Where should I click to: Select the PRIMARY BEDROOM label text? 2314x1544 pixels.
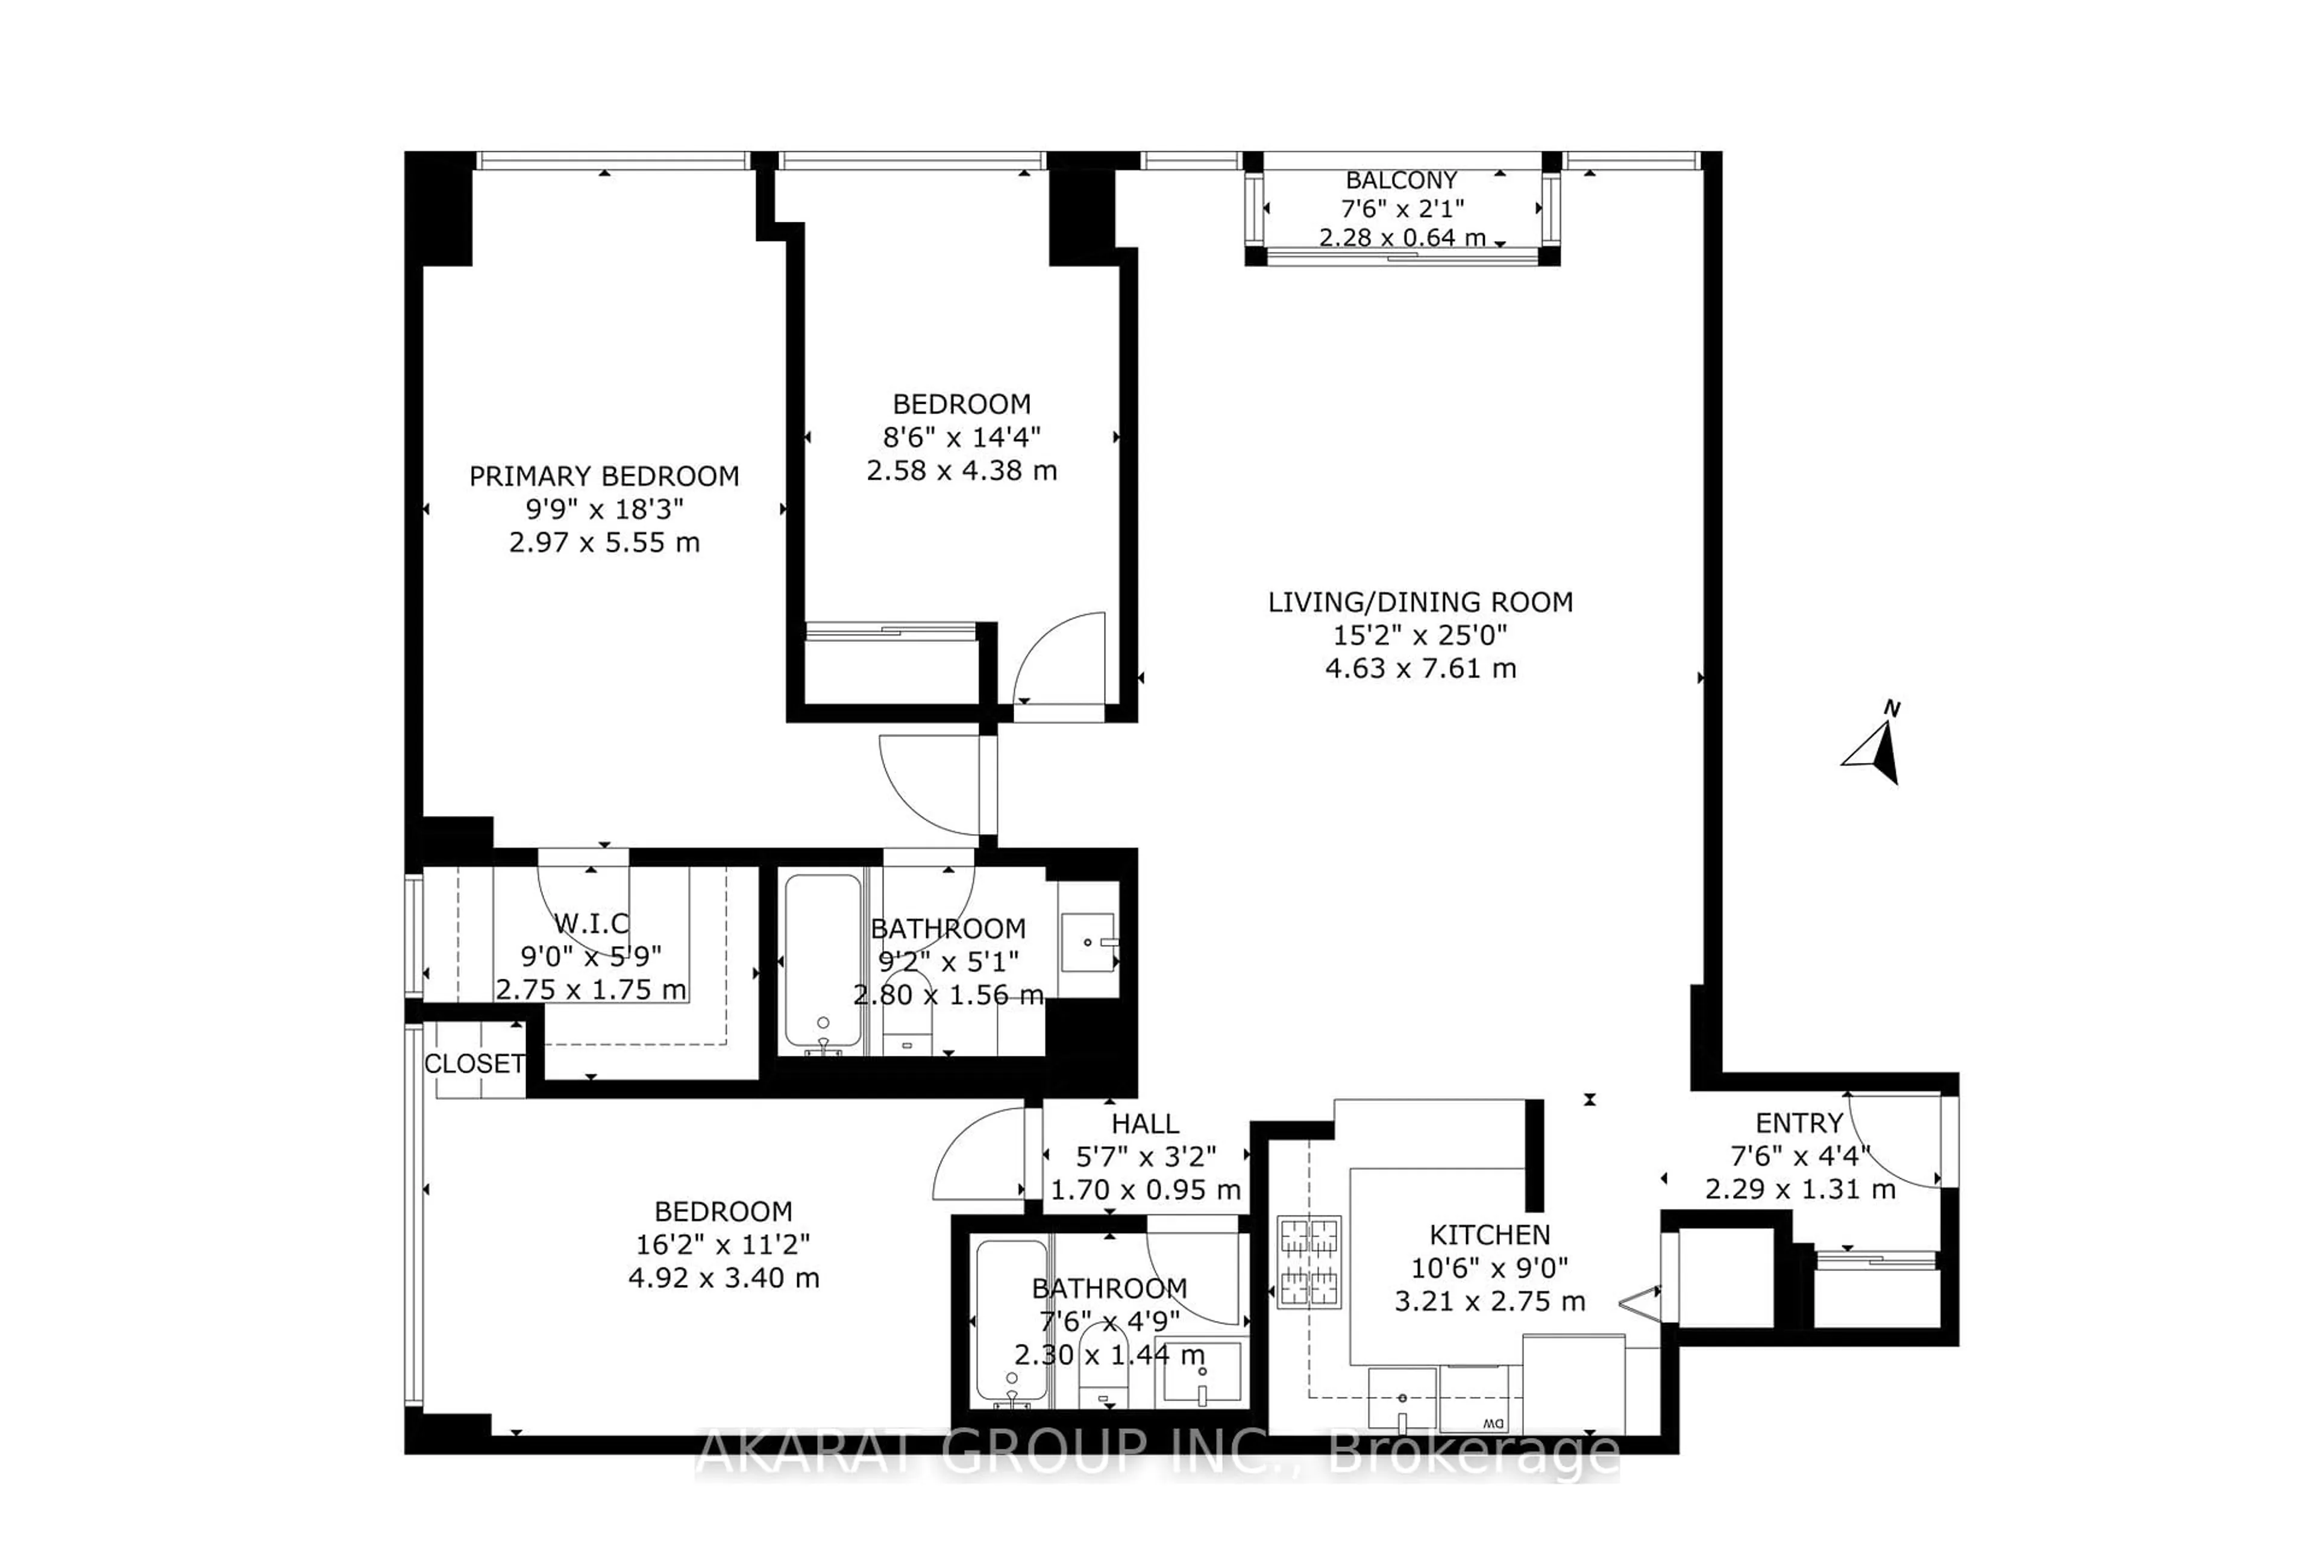(x=604, y=477)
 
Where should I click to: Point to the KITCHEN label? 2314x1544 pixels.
(x=1489, y=1235)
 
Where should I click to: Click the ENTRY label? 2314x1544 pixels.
(x=1798, y=1123)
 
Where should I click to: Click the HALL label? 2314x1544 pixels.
(x=1144, y=1123)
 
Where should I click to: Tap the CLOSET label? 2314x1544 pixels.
(x=474, y=1064)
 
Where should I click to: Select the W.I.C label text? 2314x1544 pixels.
(x=591, y=924)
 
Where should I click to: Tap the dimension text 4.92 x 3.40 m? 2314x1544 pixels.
(x=724, y=1278)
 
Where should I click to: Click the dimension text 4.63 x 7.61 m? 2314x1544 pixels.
(x=1420, y=668)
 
